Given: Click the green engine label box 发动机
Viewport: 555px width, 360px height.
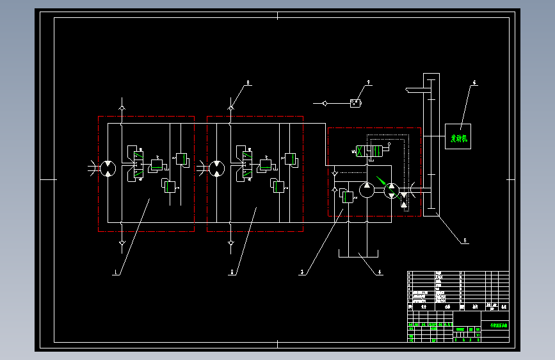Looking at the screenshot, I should coord(458,137).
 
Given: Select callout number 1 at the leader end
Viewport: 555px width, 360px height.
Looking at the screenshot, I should coord(116,272).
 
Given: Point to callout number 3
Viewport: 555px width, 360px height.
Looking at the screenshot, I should coord(302,272).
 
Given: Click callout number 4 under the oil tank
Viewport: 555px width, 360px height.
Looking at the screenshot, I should coord(379,272).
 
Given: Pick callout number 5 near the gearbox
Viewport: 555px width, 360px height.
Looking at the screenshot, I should coord(465,241).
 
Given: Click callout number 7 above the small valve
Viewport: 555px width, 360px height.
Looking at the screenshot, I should coord(369,83).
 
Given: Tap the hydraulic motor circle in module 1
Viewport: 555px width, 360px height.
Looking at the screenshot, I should coord(108,168).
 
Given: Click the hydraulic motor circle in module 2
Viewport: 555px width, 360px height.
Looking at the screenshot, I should coord(217,168).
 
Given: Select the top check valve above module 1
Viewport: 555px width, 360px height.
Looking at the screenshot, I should coord(122,103).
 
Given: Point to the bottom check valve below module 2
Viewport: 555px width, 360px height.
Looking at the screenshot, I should coord(231,243).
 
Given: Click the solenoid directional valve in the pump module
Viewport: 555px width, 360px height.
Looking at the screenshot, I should coord(372,152).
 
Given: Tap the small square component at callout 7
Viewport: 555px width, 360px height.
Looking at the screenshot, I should coord(355,102).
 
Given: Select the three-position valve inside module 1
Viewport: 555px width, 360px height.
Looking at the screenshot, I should coord(136,163).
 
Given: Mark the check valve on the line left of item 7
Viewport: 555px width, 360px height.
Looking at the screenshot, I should coord(326,102).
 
